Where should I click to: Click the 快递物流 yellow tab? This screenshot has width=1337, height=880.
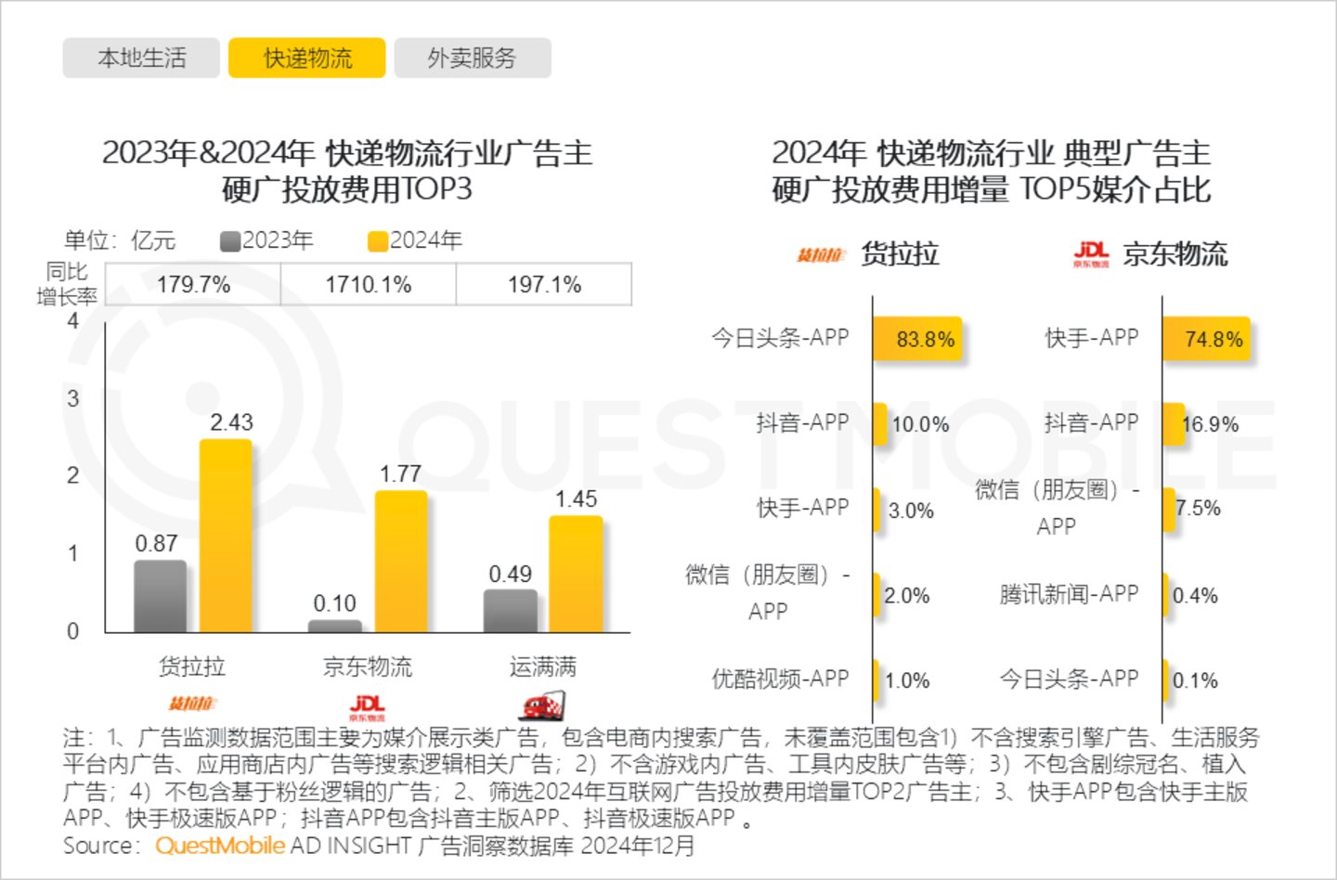pos(307,58)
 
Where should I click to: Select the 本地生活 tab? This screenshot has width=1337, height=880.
pos(141,58)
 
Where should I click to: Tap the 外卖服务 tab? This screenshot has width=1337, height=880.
pos(472,58)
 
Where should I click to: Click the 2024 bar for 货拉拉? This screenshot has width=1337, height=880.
pos(226,536)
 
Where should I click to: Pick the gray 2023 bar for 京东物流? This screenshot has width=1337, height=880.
pos(334,627)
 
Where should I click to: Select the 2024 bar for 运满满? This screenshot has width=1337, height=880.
pos(576,574)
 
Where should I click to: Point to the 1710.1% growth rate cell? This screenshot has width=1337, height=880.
pos(368,284)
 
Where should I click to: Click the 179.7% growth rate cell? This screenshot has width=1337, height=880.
pos(193,284)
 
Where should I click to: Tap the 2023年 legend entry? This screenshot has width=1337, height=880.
pos(267,240)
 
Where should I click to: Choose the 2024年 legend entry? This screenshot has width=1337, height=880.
pos(415,240)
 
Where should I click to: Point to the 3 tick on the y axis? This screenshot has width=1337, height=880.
pos(73,398)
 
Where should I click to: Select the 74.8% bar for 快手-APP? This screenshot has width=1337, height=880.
pos(1205,339)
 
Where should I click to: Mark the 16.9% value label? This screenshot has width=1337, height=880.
pos(1210,424)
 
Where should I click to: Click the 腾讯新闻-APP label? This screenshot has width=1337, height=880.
pos(1069,594)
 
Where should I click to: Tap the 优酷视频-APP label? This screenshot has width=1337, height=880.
pos(780,679)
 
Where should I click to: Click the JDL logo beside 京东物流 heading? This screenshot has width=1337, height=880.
pos(1091,254)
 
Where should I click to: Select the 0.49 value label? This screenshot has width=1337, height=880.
pos(510,575)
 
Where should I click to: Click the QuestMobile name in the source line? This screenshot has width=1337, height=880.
pos(220,846)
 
